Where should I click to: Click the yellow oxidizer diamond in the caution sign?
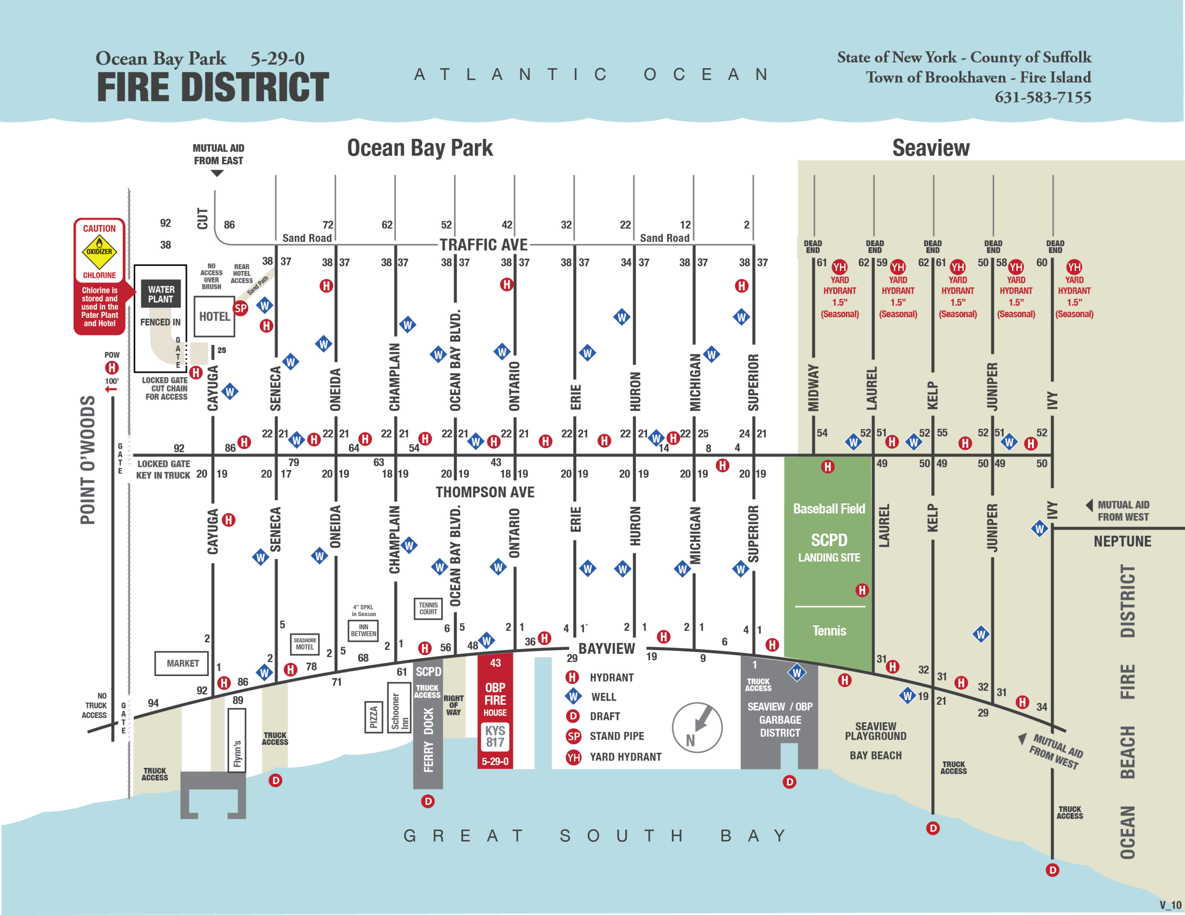(x=100, y=252)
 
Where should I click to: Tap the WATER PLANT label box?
(x=161, y=294)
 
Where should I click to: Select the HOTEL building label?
(x=214, y=316)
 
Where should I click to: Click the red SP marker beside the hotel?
(x=240, y=309)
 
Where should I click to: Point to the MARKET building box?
(x=182, y=663)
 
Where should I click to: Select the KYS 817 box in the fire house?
(x=495, y=736)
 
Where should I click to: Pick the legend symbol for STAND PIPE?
(x=574, y=736)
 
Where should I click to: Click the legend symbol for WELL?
(x=574, y=697)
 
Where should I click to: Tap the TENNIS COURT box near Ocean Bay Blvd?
(x=428, y=608)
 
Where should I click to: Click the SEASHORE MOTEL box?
(x=305, y=644)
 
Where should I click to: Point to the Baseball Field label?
(x=829, y=508)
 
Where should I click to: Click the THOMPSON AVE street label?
(x=485, y=492)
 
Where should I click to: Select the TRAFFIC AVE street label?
(x=483, y=245)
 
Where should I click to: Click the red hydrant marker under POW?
(x=112, y=368)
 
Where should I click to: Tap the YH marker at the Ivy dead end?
(x=1074, y=267)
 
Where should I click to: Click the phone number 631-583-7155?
(x=1042, y=97)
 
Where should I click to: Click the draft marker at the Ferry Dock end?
(x=428, y=801)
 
